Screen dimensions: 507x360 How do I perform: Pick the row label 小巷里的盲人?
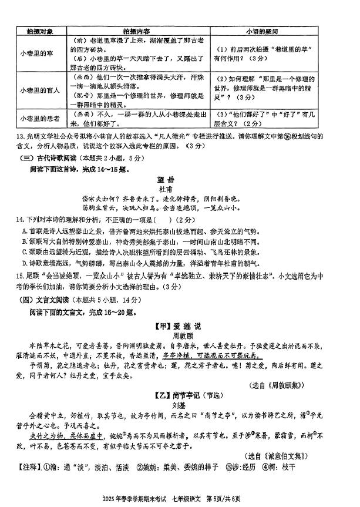coord(38,90)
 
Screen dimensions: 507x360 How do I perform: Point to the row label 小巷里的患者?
coord(38,118)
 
